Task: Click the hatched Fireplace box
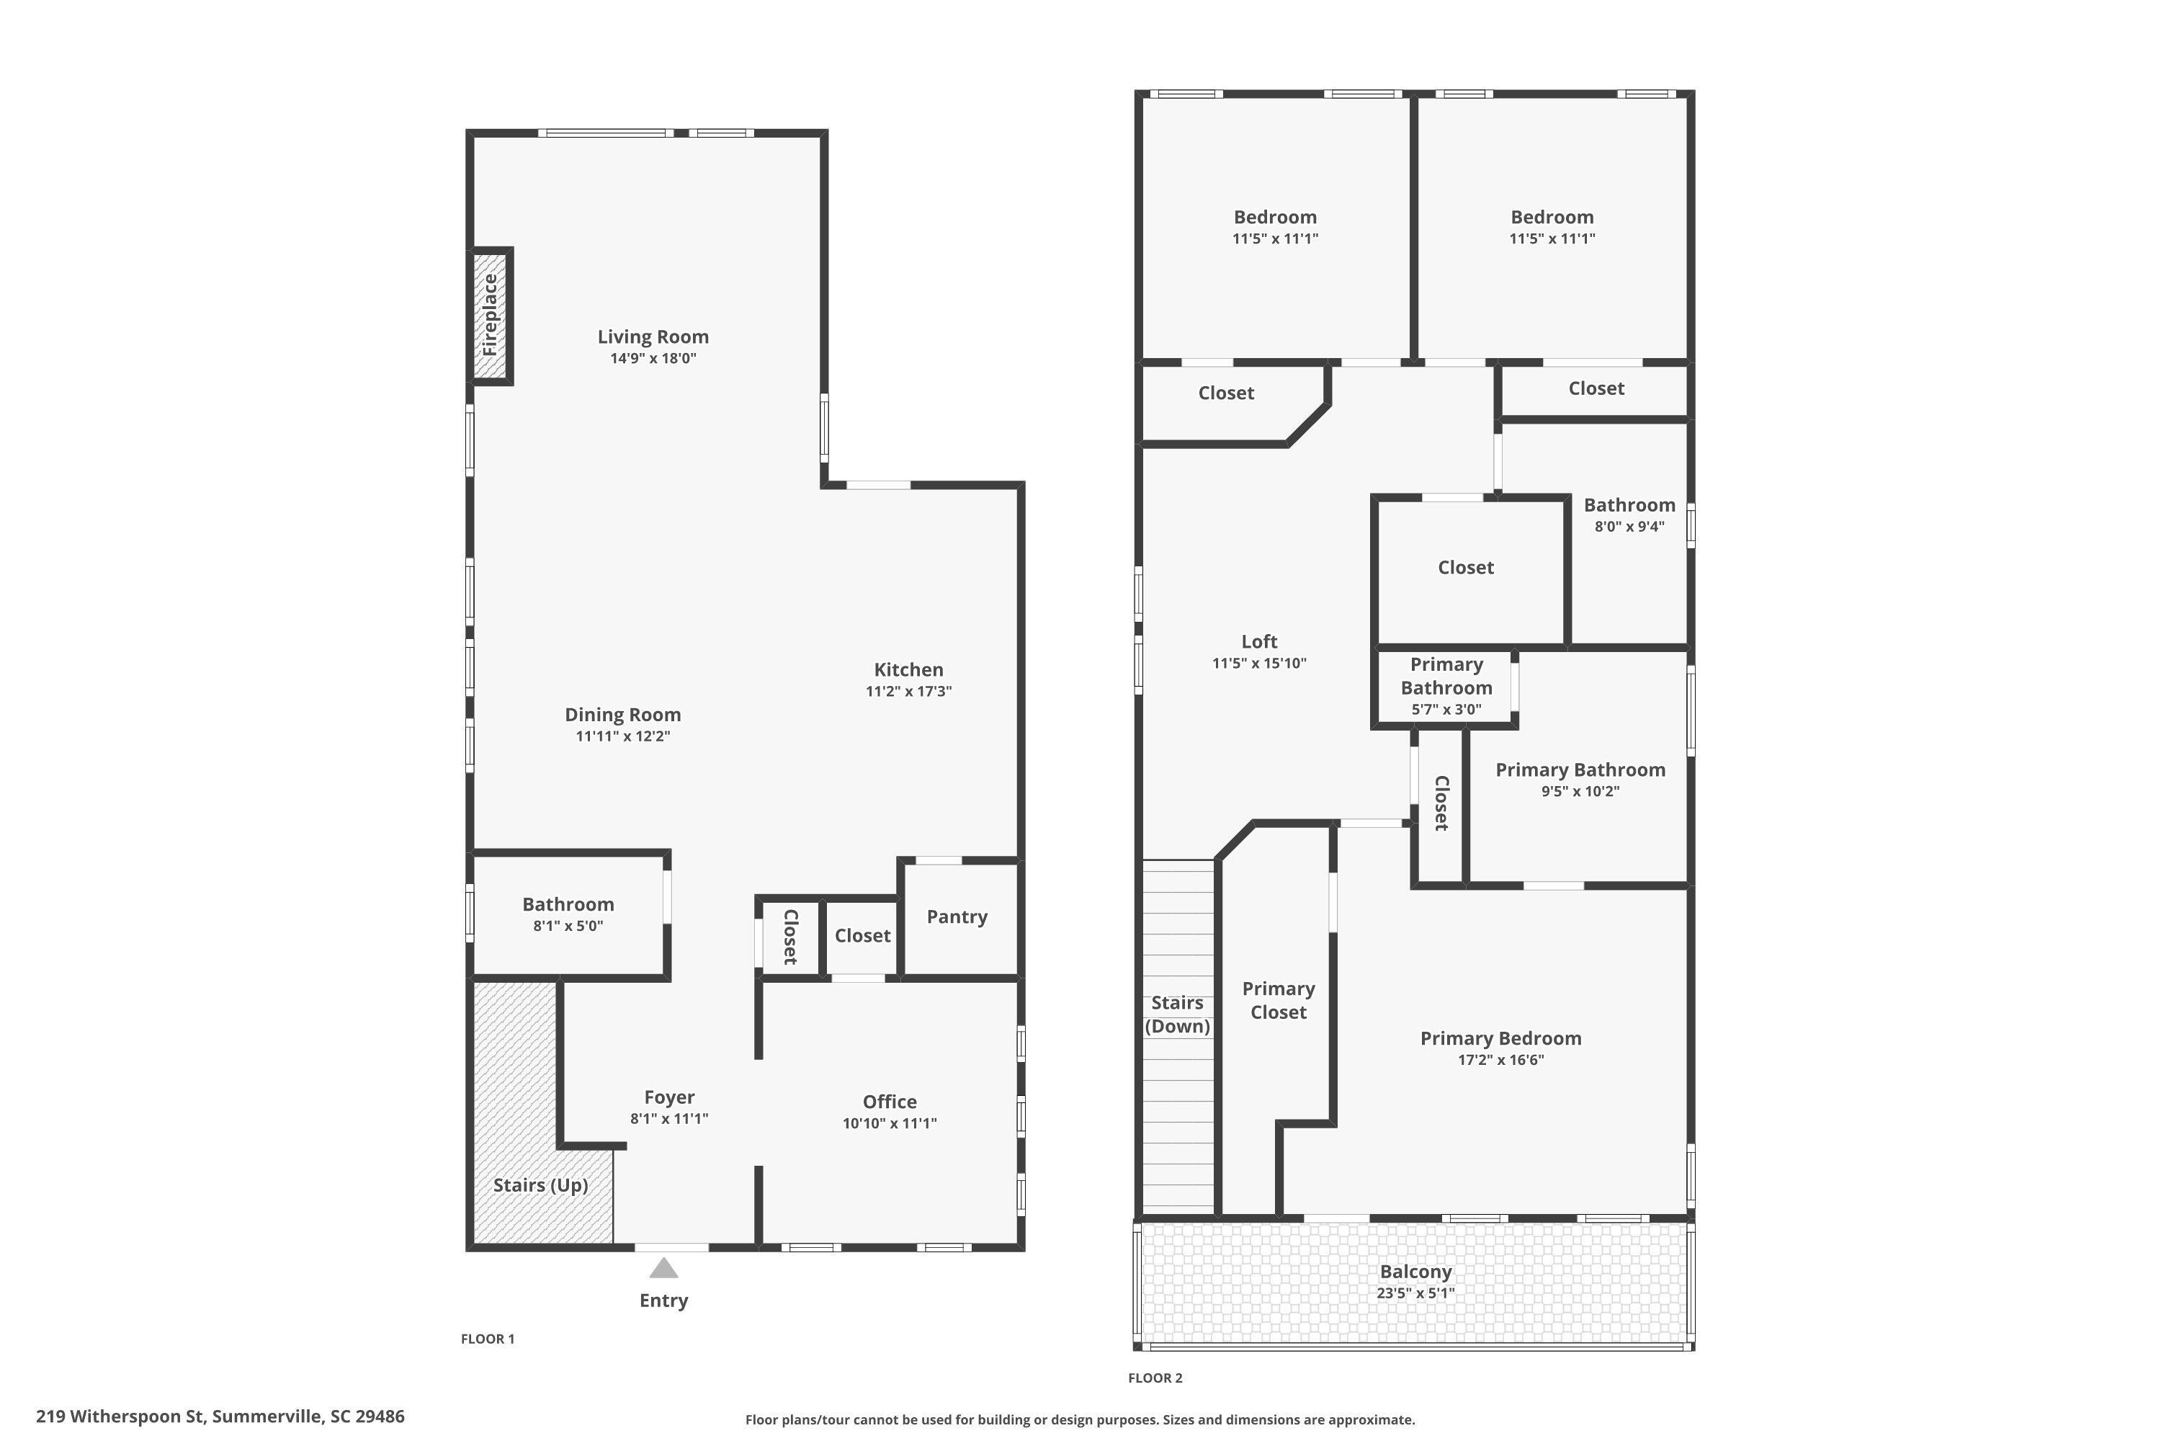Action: coord(491,316)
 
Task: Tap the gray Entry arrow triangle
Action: coord(663,1268)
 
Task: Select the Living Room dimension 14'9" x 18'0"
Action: coord(653,358)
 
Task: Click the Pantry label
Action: coord(957,916)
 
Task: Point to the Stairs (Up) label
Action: coord(540,1185)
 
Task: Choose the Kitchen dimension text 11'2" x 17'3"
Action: coord(908,691)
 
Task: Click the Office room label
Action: coord(890,1101)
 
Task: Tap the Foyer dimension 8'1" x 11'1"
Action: coord(669,1118)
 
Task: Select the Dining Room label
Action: coord(623,715)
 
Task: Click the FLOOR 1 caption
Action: coord(488,1339)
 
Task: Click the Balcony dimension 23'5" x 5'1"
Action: coord(1415,1293)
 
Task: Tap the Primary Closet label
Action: coord(1278,1000)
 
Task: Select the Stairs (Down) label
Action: coord(1177,1014)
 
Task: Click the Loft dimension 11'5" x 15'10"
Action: coord(1258,664)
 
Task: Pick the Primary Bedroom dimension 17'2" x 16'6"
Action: coord(1500,1060)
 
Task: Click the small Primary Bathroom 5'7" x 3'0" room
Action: coord(1446,687)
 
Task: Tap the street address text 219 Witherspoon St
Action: coord(120,1417)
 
